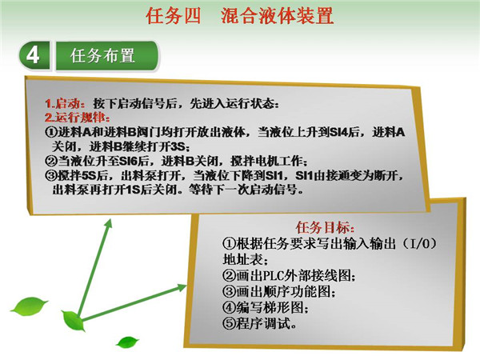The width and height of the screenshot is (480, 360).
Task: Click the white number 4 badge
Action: click(34, 56)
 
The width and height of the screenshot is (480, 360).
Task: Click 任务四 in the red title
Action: click(174, 16)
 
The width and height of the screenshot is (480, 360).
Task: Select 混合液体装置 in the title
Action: click(277, 16)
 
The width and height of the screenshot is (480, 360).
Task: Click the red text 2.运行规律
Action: click(77, 118)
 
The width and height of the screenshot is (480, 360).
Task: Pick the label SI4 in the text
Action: click(339, 132)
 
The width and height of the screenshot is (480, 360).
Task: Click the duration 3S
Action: click(178, 146)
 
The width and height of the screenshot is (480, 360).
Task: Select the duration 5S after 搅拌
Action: click(89, 175)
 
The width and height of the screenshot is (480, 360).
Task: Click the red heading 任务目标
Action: click(325, 227)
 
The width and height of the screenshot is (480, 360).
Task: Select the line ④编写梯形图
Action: click(265, 307)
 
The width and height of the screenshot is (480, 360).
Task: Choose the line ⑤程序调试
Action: click(259, 323)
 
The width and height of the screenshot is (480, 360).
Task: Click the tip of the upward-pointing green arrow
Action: click(110, 219)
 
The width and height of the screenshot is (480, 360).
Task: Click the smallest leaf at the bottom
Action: click(128, 342)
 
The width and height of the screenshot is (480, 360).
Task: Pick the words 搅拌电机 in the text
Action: click(253, 161)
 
